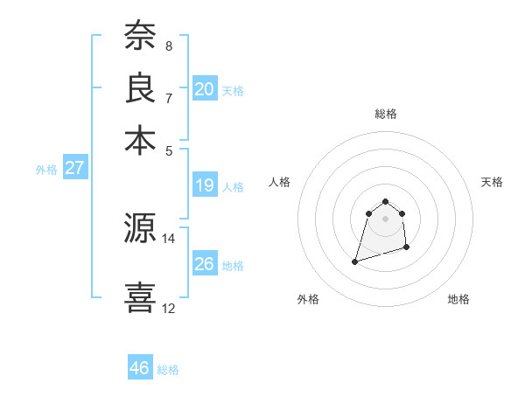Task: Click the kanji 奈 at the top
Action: (140, 37)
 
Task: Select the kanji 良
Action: (140, 88)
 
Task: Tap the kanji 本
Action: (140, 140)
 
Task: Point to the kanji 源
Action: (140, 229)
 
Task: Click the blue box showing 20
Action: (205, 89)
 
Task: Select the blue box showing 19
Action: (205, 185)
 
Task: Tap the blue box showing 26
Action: (205, 263)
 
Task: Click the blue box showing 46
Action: (139, 368)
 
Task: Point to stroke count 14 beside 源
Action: (169, 238)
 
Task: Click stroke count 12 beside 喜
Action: (169, 308)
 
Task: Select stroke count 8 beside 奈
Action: (169, 45)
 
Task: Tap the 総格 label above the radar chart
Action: (386, 114)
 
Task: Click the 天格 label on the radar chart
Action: (492, 182)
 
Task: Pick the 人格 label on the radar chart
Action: (280, 182)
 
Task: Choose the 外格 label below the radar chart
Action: (308, 299)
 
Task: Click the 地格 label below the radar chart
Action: (458, 299)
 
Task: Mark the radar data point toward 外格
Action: (354, 261)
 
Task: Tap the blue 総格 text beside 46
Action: (168, 370)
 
